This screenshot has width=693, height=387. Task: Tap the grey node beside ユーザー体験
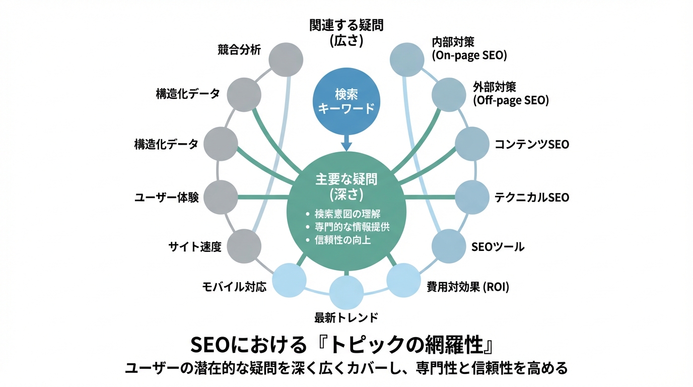[x=221, y=197]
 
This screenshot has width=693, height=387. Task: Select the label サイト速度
[x=194, y=247]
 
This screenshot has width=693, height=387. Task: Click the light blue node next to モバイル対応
[x=289, y=281]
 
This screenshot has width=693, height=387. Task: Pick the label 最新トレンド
[x=346, y=318]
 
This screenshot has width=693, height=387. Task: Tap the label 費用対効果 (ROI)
[x=468, y=288]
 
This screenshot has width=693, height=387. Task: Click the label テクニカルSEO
[x=532, y=198]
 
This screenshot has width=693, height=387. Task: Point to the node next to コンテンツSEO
[x=472, y=144]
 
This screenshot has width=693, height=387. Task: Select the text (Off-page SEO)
[x=511, y=100]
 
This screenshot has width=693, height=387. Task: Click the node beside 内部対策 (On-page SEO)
[x=407, y=59]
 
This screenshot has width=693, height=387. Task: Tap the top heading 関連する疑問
[x=346, y=25]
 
